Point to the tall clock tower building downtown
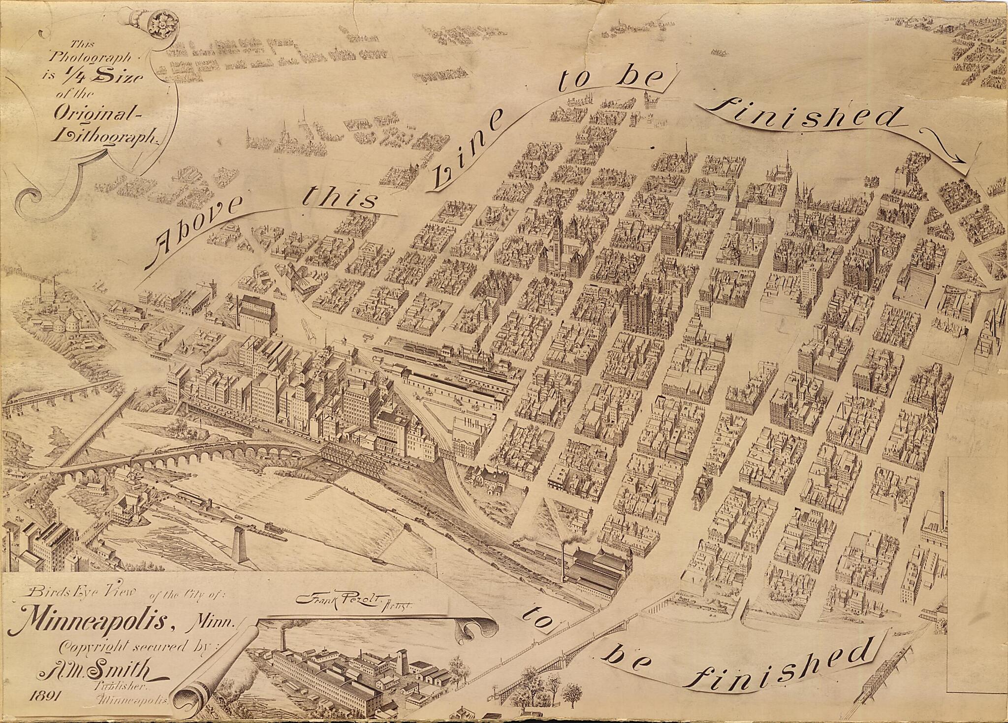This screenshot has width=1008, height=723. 558,236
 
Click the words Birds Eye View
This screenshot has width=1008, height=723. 79,593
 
